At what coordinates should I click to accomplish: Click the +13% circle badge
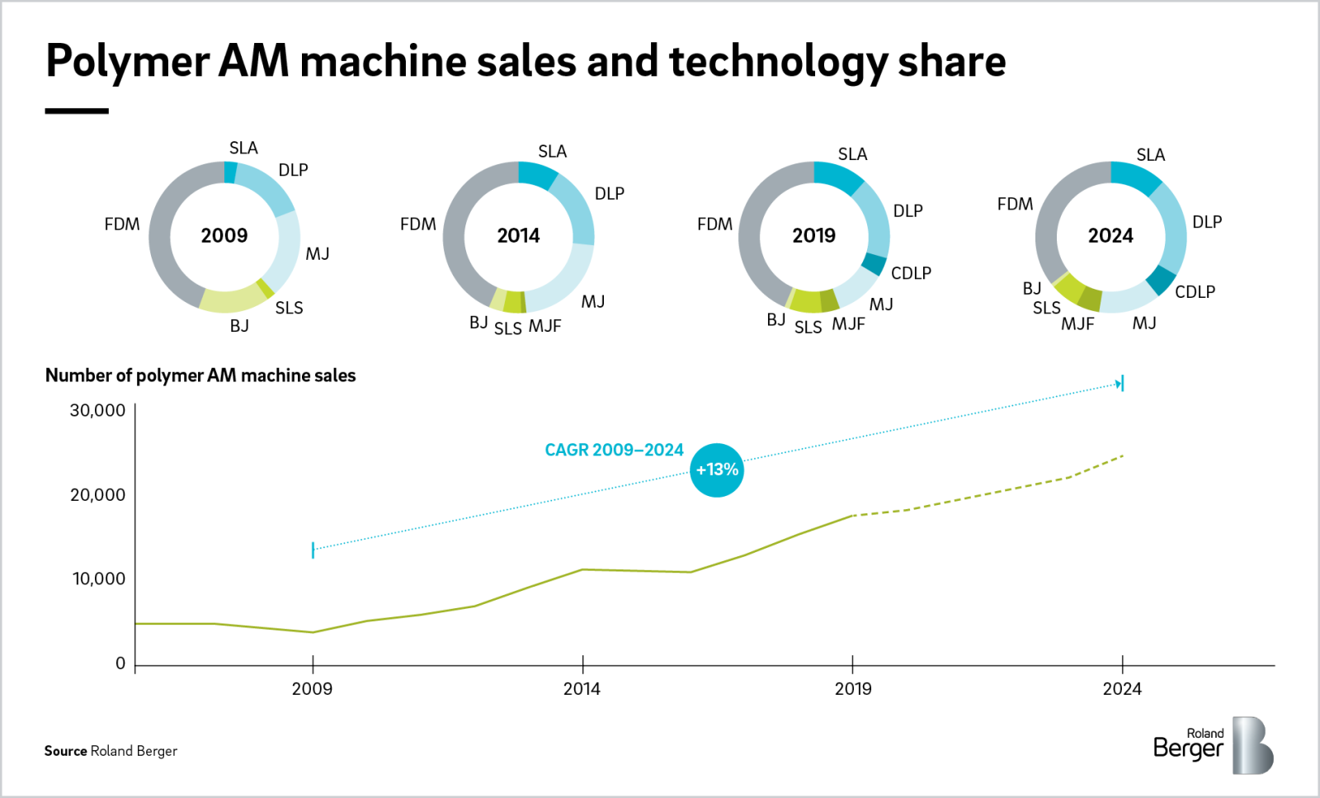click(716, 470)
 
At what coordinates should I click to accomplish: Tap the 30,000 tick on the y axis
click(98, 411)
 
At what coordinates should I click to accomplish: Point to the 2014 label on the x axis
click(582, 689)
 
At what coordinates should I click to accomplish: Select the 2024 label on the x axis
click(1122, 689)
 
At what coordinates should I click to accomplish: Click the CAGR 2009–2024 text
click(614, 451)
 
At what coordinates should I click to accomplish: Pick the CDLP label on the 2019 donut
click(911, 273)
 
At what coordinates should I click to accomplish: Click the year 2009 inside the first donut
click(224, 236)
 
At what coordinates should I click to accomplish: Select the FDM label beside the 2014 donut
click(417, 224)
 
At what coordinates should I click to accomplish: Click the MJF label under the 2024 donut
click(1077, 324)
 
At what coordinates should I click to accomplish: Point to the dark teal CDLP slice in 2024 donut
click(1162, 281)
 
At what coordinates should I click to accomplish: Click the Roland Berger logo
click(1213, 745)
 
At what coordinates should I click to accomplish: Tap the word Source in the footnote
click(65, 751)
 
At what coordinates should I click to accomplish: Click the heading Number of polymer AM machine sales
click(200, 375)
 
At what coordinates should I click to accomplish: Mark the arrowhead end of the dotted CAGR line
click(1120, 384)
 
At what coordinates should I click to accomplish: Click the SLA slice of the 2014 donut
click(537, 175)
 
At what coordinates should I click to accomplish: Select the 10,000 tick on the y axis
click(99, 579)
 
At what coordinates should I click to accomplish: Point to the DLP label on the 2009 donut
click(293, 170)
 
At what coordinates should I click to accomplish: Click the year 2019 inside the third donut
click(813, 236)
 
